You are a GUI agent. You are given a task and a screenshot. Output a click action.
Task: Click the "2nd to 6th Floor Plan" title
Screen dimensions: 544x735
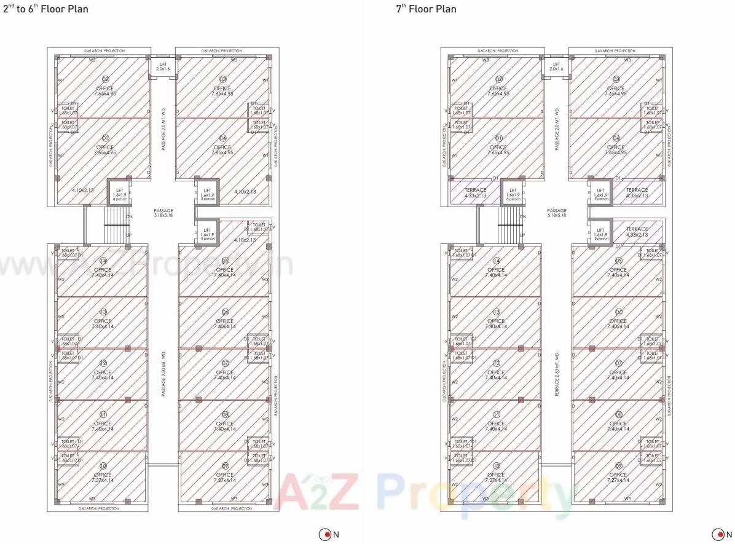point(45,9)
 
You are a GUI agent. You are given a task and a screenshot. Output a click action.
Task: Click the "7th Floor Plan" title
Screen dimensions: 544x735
point(426,9)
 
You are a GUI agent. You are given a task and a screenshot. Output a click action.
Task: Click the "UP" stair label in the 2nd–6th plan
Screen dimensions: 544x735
point(128,235)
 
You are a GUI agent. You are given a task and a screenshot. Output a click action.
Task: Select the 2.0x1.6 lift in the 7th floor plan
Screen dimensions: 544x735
point(556,66)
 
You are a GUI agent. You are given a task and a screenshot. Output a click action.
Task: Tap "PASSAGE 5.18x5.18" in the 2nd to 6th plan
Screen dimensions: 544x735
point(163,213)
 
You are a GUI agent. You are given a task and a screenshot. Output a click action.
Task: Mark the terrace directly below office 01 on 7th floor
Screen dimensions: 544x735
point(475,192)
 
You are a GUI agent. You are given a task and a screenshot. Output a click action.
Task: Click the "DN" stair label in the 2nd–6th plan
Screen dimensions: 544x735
point(128,216)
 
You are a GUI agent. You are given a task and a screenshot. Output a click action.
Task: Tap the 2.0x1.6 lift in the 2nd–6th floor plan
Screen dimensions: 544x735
point(163,66)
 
